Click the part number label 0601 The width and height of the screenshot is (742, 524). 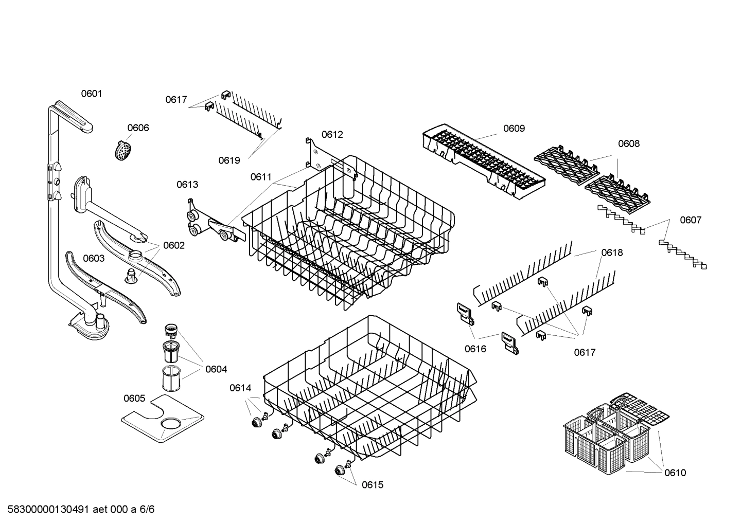click(x=92, y=94)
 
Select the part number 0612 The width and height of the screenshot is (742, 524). click(x=332, y=135)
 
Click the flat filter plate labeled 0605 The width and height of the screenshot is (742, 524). click(x=162, y=419)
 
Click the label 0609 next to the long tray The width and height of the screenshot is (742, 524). click(x=514, y=129)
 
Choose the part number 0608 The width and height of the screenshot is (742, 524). click(x=628, y=144)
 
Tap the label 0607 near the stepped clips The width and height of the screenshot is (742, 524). click(x=690, y=220)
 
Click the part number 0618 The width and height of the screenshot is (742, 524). click(x=612, y=252)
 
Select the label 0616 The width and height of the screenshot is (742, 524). click(x=475, y=349)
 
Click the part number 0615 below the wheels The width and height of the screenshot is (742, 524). click(x=372, y=485)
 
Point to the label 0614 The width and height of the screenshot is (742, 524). click(x=240, y=388)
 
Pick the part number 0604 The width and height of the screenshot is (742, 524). click(x=216, y=369)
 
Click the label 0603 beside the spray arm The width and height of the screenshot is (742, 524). click(x=94, y=258)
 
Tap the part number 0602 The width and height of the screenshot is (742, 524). click(x=173, y=245)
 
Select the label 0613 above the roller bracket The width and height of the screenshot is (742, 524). click(x=187, y=185)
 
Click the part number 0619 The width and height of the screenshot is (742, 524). click(x=229, y=160)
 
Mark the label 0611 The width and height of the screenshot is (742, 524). click(x=261, y=177)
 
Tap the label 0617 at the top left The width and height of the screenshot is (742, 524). click(x=176, y=100)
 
